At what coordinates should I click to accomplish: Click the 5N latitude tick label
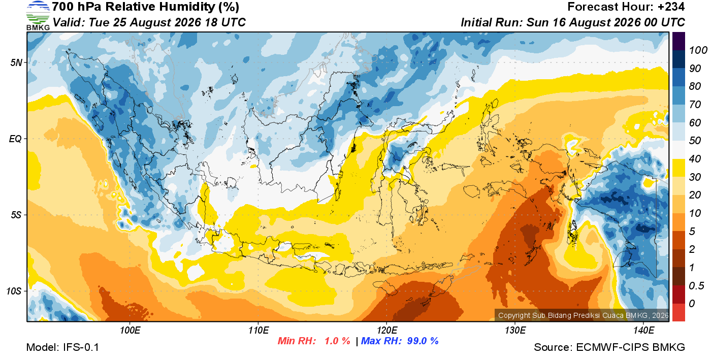pos(16,63)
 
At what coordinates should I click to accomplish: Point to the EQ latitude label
pos(16,139)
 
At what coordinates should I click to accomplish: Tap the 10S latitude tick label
pos(14,291)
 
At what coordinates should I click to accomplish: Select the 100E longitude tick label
pos(130,331)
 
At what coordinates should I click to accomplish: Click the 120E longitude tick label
pos(387,331)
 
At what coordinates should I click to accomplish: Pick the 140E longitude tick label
pos(644,331)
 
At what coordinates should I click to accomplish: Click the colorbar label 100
pos(698,50)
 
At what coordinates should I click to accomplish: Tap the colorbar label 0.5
pos(696,286)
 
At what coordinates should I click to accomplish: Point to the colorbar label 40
pos(695,159)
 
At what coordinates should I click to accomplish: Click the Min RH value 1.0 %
pos(337,341)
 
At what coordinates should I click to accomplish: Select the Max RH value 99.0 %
pos(423,341)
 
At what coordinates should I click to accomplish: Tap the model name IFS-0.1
pos(81,347)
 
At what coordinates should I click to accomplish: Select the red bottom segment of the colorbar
pos(678,312)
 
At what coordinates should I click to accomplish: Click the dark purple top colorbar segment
pos(678,41)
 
